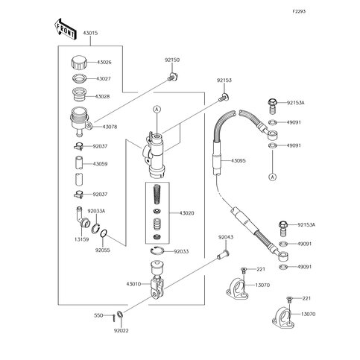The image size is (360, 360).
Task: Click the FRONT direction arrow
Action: (x=65, y=29)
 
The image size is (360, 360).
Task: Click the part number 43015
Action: (x=90, y=33)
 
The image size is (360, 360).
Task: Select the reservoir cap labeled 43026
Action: (x=79, y=63)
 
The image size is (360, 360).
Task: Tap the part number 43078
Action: (x=110, y=127)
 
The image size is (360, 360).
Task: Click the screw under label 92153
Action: (x=224, y=97)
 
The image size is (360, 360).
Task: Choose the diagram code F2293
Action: (x=299, y=11)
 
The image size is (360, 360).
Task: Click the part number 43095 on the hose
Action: (x=239, y=161)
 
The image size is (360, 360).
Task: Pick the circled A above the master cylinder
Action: (x=157, y=109)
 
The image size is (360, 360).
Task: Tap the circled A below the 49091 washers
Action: (x=273, y=177)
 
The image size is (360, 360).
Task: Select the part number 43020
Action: (x=186, y=213)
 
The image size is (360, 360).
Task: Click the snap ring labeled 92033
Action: (x=157, y=251)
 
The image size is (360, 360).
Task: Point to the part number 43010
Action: (x=133, y=284)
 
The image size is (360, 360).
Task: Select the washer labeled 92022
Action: (x=119, y=315)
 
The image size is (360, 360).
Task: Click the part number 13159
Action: (x=82, y=239)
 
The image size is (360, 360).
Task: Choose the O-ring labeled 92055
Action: (x=104, y=234)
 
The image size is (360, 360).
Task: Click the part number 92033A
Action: (x=96, y=211)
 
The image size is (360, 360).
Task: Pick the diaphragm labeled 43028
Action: (x=79, y=95)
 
